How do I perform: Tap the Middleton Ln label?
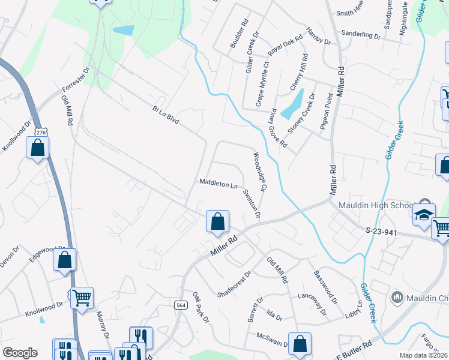pyautogui.click(x=218, y=182)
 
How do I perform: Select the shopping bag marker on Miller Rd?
pyautogui.click(x=217, y=221)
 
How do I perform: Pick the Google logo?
pyautogui.click(x=20, y=353)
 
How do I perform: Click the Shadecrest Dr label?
pyautogui.click(x=234, y=283)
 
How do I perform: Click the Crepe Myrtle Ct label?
pyautogui.click(x=262, y=84)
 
